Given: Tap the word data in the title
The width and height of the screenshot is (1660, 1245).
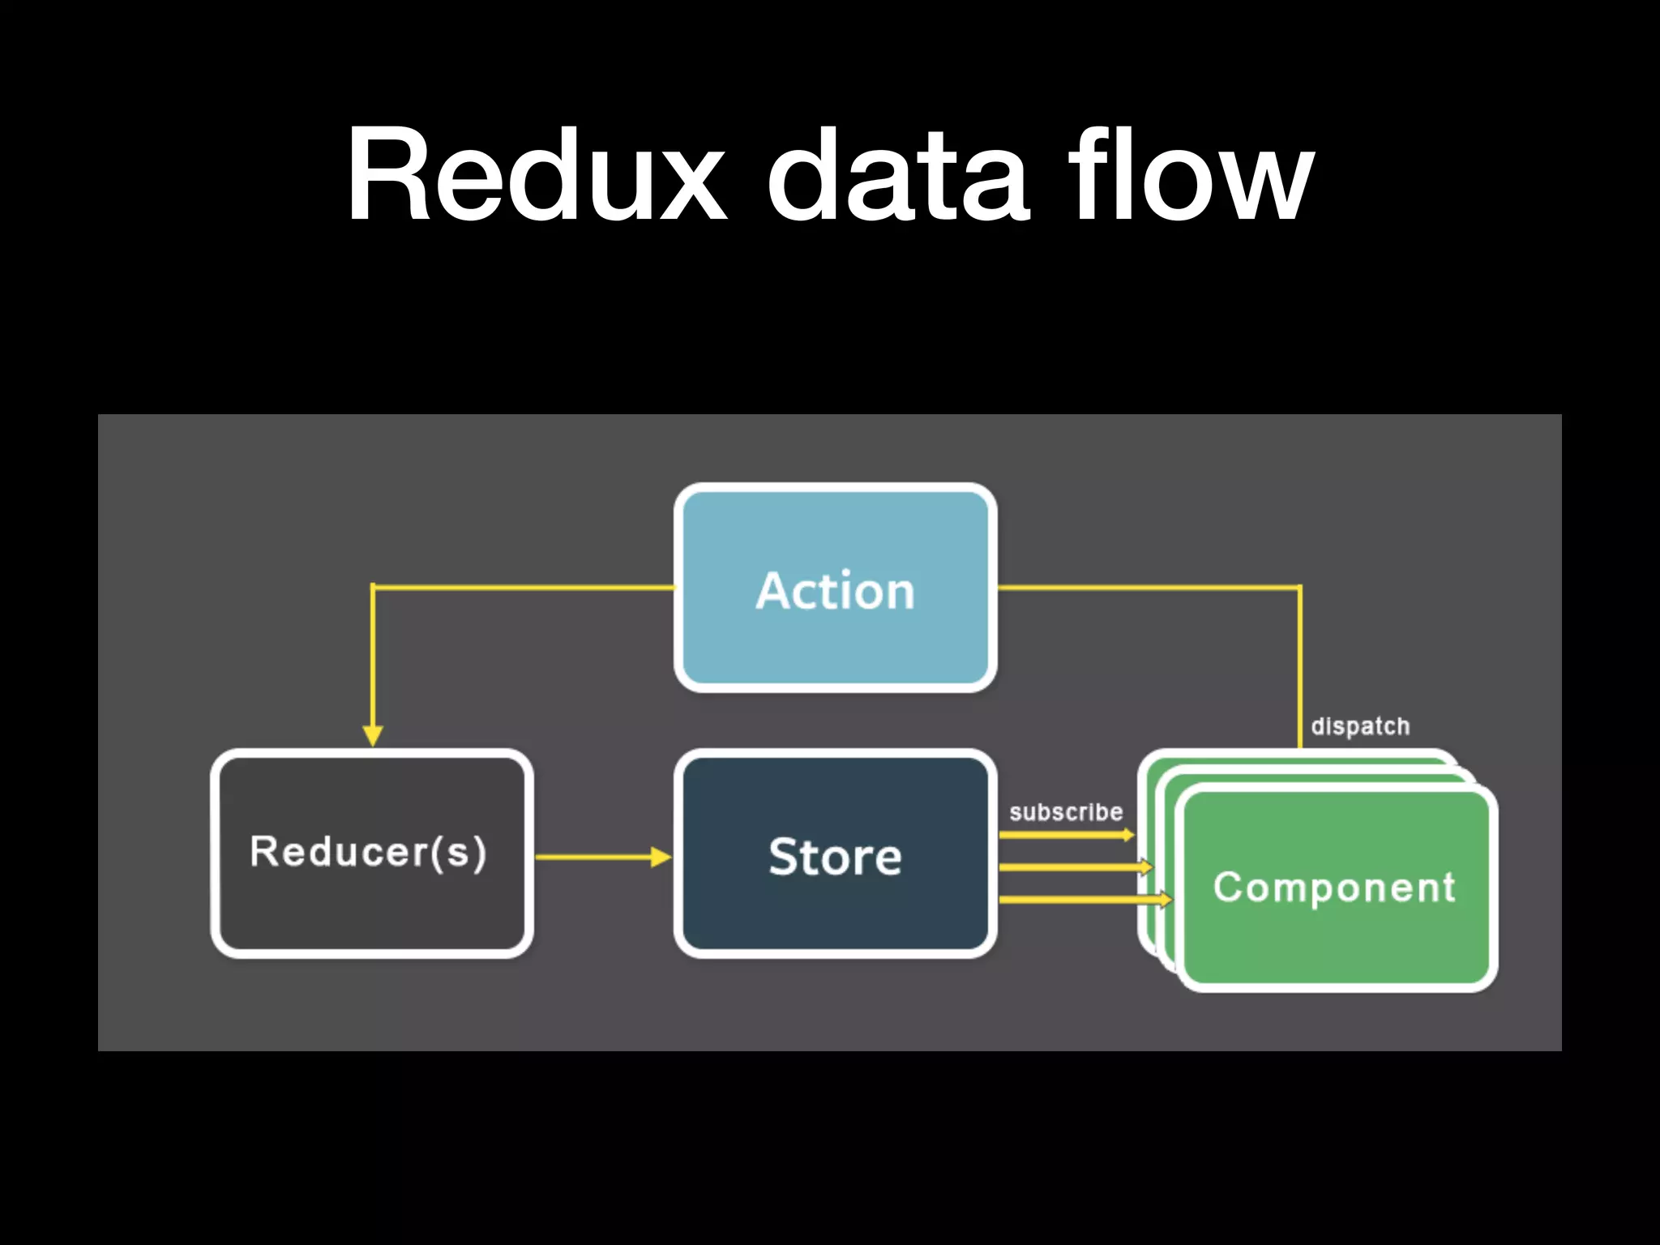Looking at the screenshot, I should [898, 175].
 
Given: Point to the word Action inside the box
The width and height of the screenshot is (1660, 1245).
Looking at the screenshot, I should [835, 591].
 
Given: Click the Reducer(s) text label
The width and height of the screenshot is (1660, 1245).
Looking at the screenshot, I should [368, 852].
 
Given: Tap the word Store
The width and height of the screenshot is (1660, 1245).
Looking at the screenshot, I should [835, 857].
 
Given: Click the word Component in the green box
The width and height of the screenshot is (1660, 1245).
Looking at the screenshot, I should [1334, 887].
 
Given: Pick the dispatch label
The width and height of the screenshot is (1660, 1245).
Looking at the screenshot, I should [1360, 726].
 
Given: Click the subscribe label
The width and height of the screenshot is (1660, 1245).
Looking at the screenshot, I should [1066, 812].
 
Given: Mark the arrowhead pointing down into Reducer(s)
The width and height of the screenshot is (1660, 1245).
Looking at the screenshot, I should [373, 734].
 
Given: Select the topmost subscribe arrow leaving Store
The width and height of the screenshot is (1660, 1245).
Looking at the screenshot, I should [1065, 835].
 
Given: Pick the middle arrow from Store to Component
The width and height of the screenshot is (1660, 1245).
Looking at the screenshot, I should [1074, 867].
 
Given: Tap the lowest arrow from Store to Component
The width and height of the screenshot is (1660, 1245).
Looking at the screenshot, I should [1085, 900].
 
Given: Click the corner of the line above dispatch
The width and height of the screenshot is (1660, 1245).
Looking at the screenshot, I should [1300, 588].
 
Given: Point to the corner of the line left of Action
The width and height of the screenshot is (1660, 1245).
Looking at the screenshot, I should [373, 587].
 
